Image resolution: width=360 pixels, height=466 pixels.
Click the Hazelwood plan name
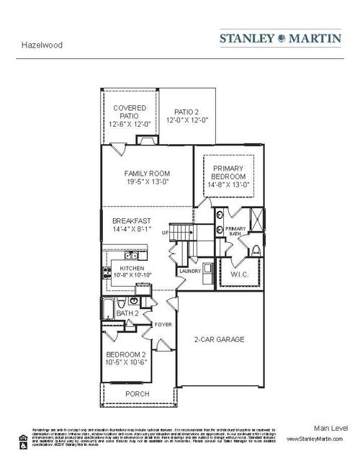[x=42, y=45]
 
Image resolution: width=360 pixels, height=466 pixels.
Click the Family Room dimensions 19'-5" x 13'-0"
[x=146, y=182]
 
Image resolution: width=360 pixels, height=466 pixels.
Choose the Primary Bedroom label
[x=229, y=172]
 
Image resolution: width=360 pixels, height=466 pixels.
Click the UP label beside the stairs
[x=164, y=233]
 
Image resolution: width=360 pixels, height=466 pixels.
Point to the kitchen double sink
[x=131, y=255]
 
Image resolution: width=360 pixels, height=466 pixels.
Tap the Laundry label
[x=190, y=271]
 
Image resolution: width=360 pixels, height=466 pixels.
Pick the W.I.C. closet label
[x=240, y=274]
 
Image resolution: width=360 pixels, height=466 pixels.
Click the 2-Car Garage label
[x=219, y=339]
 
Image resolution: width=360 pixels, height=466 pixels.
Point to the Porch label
[x=137, y=394]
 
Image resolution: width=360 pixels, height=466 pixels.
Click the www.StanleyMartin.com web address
[x=317, y=438]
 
